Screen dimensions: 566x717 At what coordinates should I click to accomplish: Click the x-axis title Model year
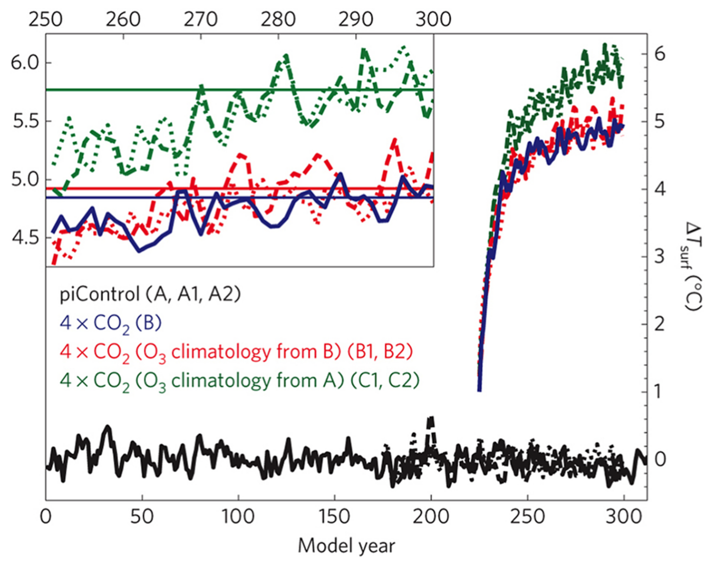pyautogui.click(x=346, y=546)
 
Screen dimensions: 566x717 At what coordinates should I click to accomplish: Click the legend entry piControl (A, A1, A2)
pyautogui.click(x=150, y=294)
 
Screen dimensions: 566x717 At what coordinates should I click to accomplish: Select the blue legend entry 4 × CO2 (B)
pyautogui.click(x=111, y=323)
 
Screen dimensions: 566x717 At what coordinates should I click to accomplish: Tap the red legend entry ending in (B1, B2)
pyautogui.click(x=236, y=352)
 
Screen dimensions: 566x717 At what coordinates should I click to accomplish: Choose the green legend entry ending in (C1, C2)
pyautogui.click(x=239, y=381)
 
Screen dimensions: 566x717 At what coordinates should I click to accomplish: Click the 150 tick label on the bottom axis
pyautogui.click(x=334, y=516)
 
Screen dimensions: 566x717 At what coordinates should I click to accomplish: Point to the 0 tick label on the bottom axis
pyautogui.click(x=46, y=516)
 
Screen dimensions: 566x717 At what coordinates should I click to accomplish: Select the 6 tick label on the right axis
pyautogui.click(x=660, y=54)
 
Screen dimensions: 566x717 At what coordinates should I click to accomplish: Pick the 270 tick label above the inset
pyautogui.click(x=201, y=19)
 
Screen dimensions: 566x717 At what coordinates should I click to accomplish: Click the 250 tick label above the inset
pyautogui.click(x=46, y=19)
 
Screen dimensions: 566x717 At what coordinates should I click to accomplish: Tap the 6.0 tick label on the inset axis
pyautogui.click(x=25, y=62)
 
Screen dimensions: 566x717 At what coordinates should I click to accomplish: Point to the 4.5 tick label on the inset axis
pyautogui.click(x=25, y=238)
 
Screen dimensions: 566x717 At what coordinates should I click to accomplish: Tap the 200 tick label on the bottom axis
pyautogui.click(x=431, y=516)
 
